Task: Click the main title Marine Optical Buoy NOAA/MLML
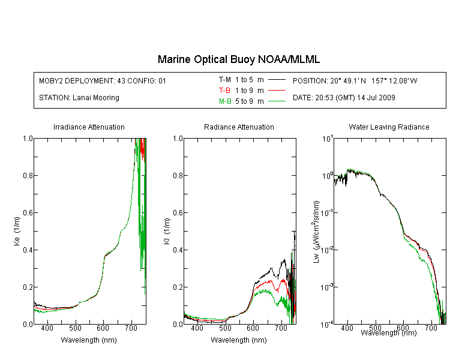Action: (239, 59)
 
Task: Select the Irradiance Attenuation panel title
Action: (89, 127)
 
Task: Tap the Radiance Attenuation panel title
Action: (239, 127)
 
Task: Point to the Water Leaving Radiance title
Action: (389, 127)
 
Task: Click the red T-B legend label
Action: (225, 91)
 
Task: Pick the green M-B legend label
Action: (225, 101)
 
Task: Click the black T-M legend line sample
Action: (277, 80)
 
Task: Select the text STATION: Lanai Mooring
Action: (79, 98)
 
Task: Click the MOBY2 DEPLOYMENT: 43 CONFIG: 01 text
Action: (103, 81)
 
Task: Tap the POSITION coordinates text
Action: (355, 81)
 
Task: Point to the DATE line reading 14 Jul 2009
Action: (344, 98)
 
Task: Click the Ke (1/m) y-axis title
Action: (17, 231)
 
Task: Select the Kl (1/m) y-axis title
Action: (167, 231)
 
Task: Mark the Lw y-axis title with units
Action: (316, 232)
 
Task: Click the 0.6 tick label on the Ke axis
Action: (28, 213)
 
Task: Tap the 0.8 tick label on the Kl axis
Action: (178, 176)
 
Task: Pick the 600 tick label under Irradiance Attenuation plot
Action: (103, 328)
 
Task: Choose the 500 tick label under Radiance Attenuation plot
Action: (225, 328)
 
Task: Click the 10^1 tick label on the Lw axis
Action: (327, 139)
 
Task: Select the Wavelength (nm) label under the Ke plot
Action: (89, 340)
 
